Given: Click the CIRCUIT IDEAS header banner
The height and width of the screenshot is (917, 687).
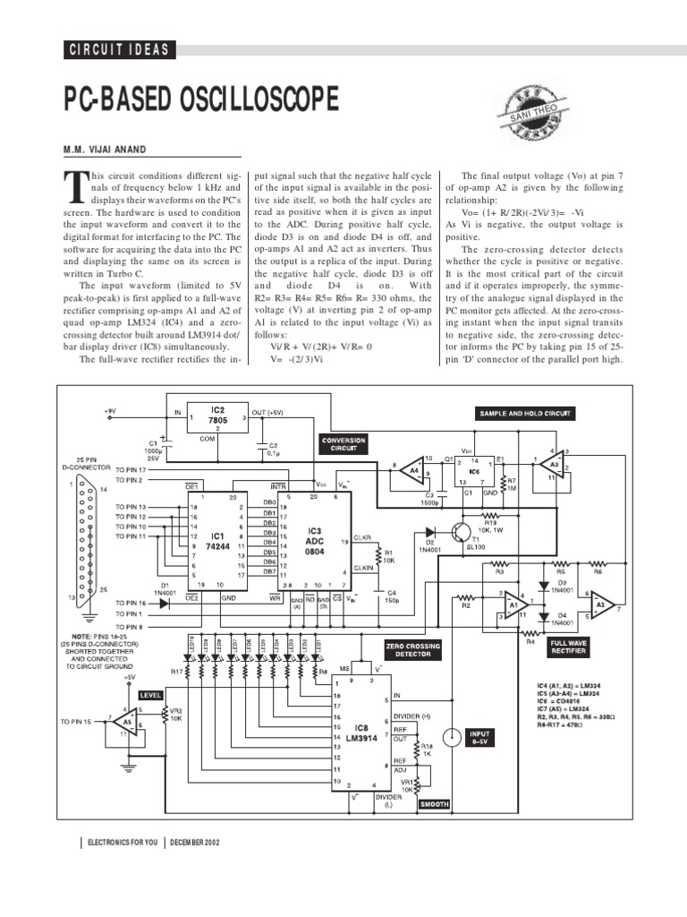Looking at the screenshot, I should (x=119, y=50).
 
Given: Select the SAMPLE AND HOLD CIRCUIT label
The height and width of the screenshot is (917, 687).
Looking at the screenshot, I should (x=524, y=414).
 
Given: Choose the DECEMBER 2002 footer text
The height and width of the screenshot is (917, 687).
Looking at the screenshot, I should (x=194, y=843).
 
